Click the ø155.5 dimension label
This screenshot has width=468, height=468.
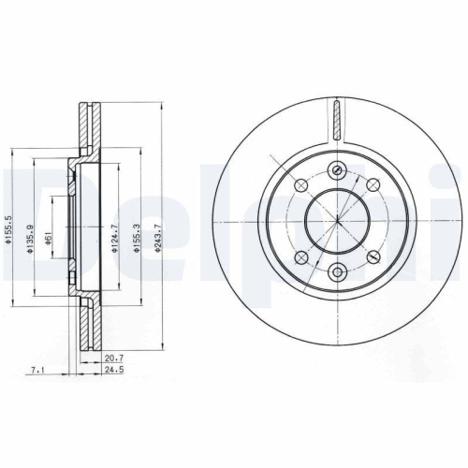(x=8, y=227)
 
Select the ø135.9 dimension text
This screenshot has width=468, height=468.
(x=35, y=227)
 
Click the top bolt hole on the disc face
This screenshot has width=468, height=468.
(x=336, y=170)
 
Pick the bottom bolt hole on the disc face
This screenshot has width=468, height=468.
(x=336, y=273)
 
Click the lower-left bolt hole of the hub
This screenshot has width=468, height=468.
(x=300, y=257)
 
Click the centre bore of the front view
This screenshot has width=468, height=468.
(x=336, y=222)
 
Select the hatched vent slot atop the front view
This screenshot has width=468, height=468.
(x=336, y=123)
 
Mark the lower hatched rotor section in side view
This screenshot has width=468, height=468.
(x=87, y=323)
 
